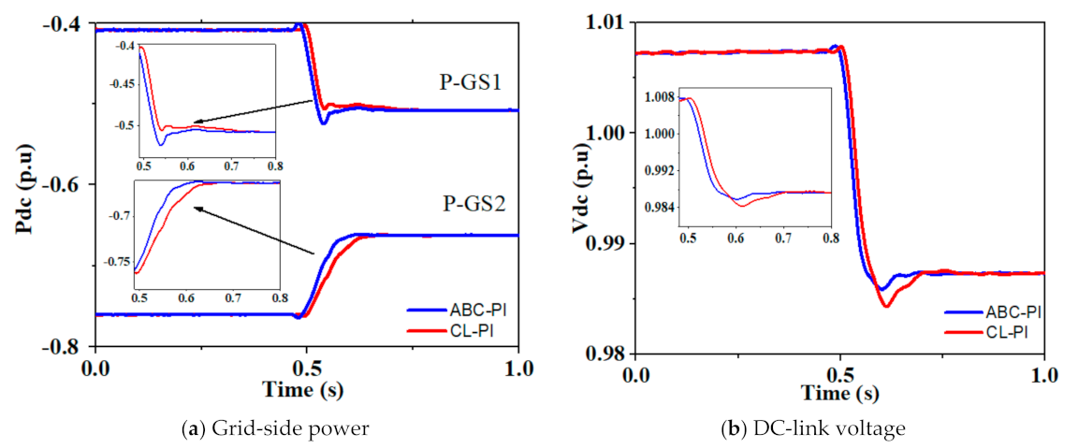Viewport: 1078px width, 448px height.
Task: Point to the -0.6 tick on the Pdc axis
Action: pyautogui.click(x=65, y=184)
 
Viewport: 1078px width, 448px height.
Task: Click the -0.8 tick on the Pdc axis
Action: pyautogui.click(x=65, y=346)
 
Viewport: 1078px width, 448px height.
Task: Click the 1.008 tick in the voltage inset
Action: pyautogui.click(x=660, y=97)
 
